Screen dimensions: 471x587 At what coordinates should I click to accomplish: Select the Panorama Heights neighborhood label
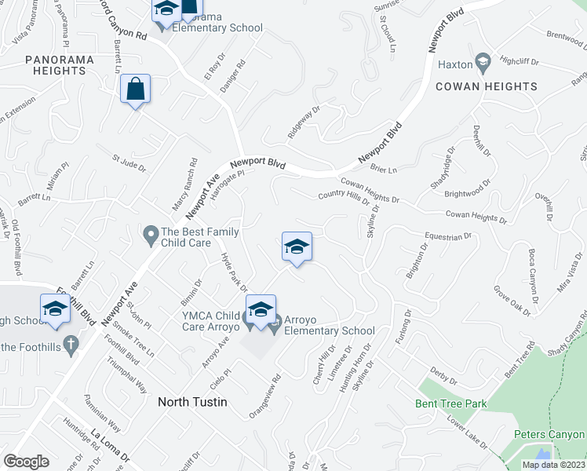(60, 65)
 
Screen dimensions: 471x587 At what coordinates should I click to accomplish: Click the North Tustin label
(192, 402)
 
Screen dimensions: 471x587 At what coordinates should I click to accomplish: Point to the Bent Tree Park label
(451, 404)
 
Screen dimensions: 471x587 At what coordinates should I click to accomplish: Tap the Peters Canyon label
(549, 434)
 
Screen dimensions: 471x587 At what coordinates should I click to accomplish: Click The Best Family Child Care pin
(150, 233)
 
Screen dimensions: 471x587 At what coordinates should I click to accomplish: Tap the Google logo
(26, 461)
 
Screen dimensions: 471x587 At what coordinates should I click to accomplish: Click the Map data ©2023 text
(553, 465)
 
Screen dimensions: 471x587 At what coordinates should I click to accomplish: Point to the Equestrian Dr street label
(447, 235)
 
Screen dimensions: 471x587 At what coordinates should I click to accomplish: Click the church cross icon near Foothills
(71, 343)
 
